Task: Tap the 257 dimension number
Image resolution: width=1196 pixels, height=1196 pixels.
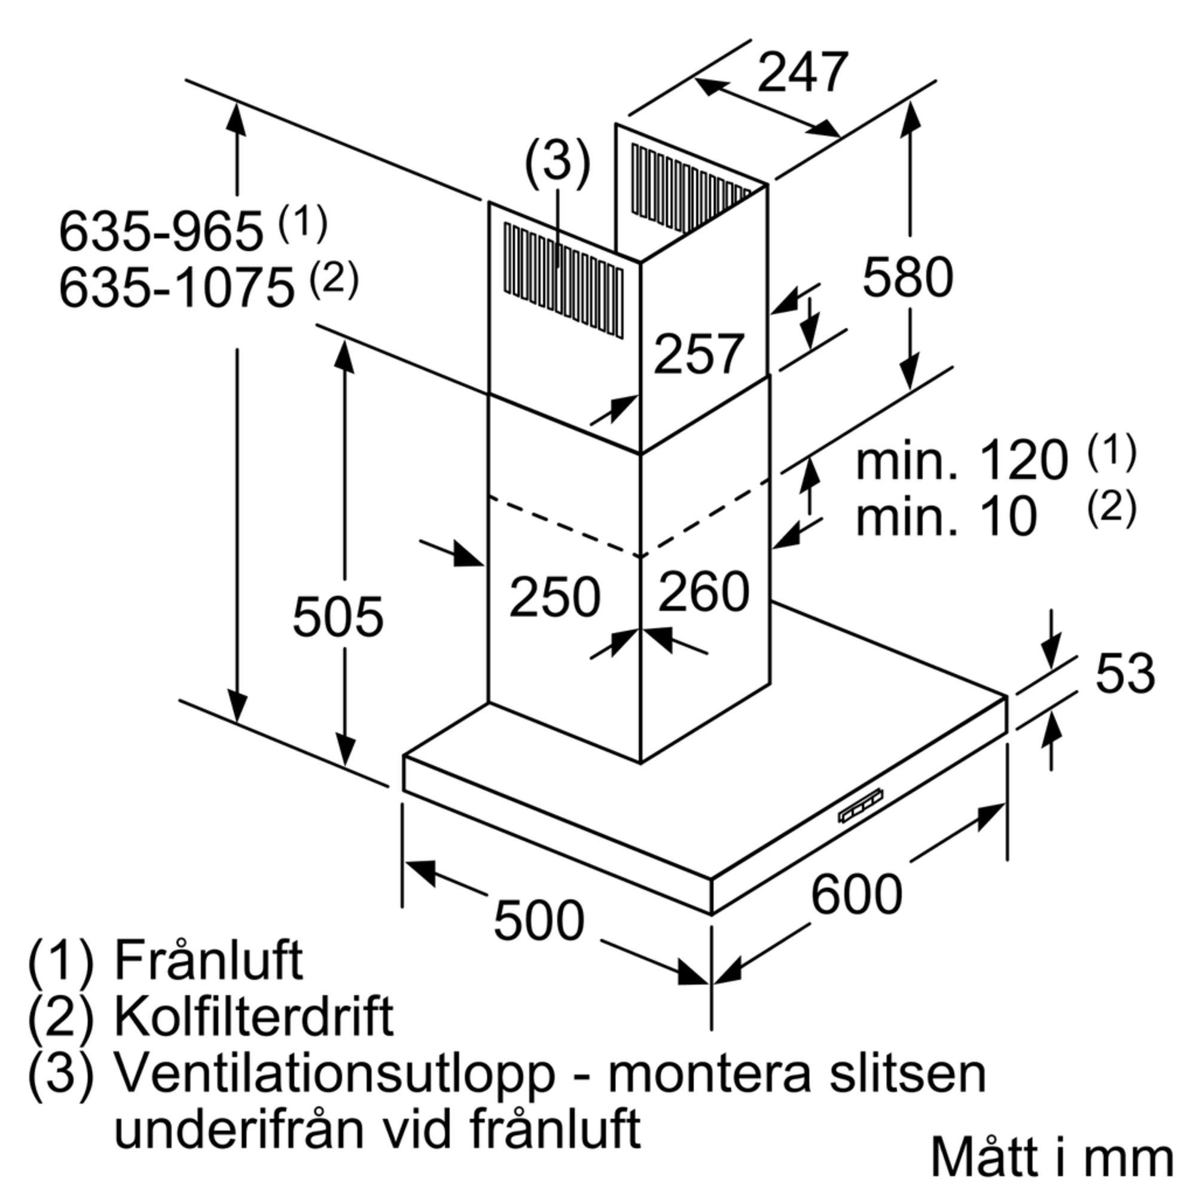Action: [698, 354]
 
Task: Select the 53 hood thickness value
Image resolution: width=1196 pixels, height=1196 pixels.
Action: [1125, 673]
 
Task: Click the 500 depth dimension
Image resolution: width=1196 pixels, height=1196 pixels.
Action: [539, 920]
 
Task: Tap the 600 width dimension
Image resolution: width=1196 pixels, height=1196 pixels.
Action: [856, 893]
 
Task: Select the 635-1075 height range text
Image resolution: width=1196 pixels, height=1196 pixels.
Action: [176, 288]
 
